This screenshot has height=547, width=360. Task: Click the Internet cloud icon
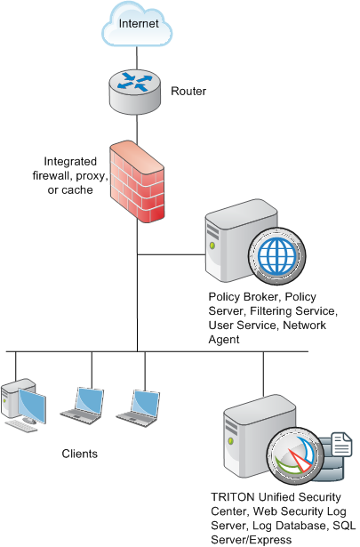(x=137, y=24)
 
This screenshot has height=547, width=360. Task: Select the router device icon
(x=135, y=92)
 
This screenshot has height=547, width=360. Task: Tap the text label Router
(x=188, y=92)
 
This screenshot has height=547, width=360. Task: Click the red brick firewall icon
(x=137, y=181)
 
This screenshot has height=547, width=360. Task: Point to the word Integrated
(x=70, y=162)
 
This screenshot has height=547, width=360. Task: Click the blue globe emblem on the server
(x=277, y=256)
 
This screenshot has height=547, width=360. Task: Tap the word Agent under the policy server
(x=224, y=340)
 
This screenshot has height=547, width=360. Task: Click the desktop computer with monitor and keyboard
(x=24, y=406)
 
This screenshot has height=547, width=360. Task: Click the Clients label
(x=79, y=454)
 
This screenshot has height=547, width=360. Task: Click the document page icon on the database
(x=341, y=444)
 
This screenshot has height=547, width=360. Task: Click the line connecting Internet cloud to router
(x=137, y=58)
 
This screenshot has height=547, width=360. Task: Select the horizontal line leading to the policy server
(x=172, y=254)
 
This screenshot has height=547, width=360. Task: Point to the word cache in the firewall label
(x=77, y=190)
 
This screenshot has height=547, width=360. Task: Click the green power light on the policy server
(x=212, y=246)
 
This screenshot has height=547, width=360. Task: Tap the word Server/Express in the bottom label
(x=252, y=540)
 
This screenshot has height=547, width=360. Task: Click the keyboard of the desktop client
(x=21, y=426)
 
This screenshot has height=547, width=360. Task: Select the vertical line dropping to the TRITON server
(x=263, y=374)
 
